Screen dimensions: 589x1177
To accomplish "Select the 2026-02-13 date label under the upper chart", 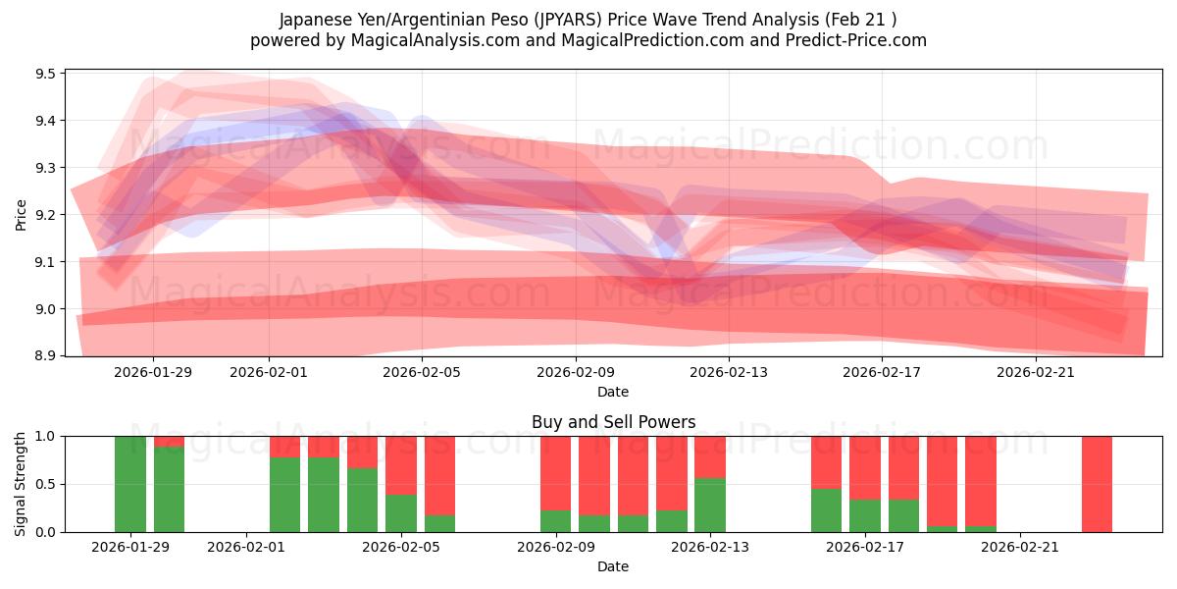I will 729,372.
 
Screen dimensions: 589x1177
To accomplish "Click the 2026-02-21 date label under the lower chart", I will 1020,547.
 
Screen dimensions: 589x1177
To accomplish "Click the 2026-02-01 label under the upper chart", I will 270,372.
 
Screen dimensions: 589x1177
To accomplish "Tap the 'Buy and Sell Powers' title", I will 613,422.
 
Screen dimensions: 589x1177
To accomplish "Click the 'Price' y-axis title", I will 22,213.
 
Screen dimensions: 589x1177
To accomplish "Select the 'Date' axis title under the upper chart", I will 613,392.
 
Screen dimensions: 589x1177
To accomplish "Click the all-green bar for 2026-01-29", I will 130,484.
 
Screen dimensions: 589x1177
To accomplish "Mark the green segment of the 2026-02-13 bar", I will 710,506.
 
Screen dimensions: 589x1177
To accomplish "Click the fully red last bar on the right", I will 1097,484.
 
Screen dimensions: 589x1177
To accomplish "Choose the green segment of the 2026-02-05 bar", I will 401,513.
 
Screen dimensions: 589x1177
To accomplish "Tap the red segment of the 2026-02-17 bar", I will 865,467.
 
